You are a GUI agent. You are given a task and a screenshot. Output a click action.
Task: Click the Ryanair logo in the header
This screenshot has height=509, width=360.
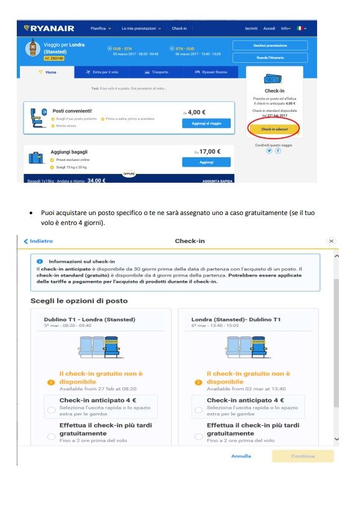[x=49, y=28]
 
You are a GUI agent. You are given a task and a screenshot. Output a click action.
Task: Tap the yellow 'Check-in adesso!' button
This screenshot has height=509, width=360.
[x=274, y=129]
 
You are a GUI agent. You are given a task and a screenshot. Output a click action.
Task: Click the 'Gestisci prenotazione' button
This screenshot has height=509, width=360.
[x=270, y=45]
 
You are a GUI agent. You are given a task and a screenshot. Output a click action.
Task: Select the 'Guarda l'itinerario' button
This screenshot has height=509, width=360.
[x=270, y=57]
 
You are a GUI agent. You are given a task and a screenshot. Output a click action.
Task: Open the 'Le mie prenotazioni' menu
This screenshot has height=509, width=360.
[x=141, y=28]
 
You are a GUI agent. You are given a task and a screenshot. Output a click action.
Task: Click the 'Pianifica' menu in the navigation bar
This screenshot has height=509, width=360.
[x=101, y=28]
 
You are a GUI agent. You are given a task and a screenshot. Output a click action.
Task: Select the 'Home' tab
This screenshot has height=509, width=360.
[x=48, y=72]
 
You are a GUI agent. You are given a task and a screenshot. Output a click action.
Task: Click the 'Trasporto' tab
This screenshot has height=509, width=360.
[x=156, y=72]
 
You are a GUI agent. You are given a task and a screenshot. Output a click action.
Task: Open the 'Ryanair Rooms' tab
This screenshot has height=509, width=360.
[x=211, y=72]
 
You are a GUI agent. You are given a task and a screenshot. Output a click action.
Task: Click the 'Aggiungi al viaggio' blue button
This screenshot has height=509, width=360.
[x=206, y=123]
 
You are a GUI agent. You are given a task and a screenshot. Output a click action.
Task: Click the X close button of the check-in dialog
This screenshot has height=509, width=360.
[x=331, y=241]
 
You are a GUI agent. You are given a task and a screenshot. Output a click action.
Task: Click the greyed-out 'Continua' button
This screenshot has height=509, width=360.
[x=302, y=456]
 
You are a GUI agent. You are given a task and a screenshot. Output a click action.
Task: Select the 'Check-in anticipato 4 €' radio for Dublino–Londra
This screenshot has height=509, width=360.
[x=51, y=410]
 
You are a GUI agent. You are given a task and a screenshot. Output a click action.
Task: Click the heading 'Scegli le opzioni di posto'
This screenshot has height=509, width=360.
[x=79, y=301]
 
